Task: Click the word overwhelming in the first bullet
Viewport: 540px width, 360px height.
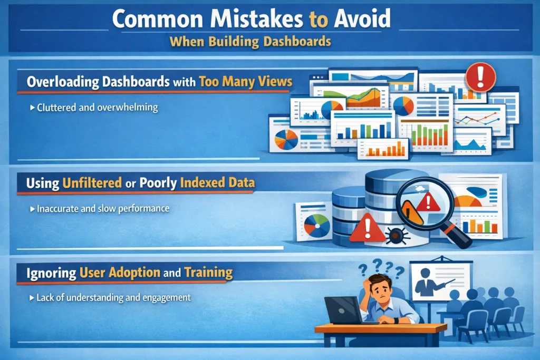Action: coord(128,108)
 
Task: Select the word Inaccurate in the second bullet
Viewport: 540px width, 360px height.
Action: coord(59,209)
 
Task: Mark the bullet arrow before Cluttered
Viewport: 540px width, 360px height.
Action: coord(32,108)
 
